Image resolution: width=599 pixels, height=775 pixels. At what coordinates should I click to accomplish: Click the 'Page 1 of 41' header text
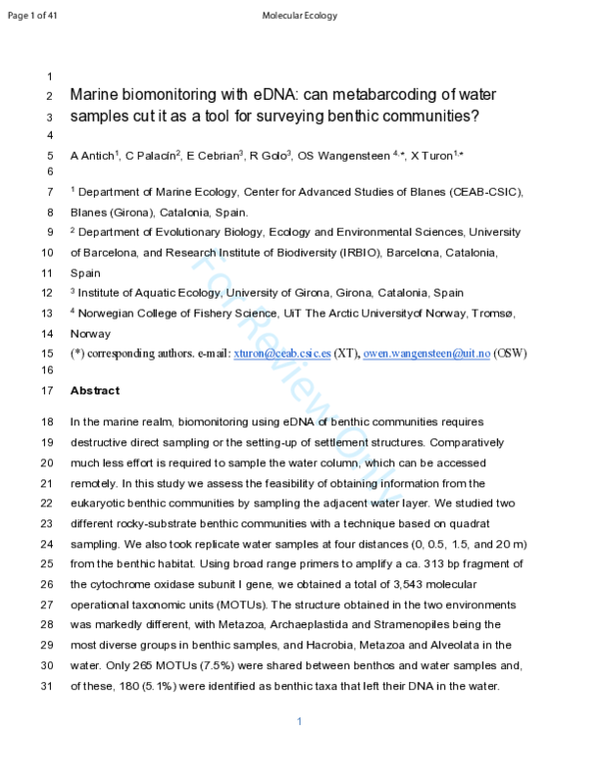[34, 15]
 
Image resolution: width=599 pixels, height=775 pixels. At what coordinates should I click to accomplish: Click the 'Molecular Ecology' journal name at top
[299, 15]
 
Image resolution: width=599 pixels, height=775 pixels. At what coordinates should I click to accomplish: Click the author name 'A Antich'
[91, 156]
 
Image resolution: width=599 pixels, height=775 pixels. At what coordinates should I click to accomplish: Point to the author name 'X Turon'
[430, 156]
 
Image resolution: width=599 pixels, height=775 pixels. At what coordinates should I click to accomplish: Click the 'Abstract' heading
[95, 390]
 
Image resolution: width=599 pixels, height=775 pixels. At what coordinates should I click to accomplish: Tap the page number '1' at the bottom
[299, 721]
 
